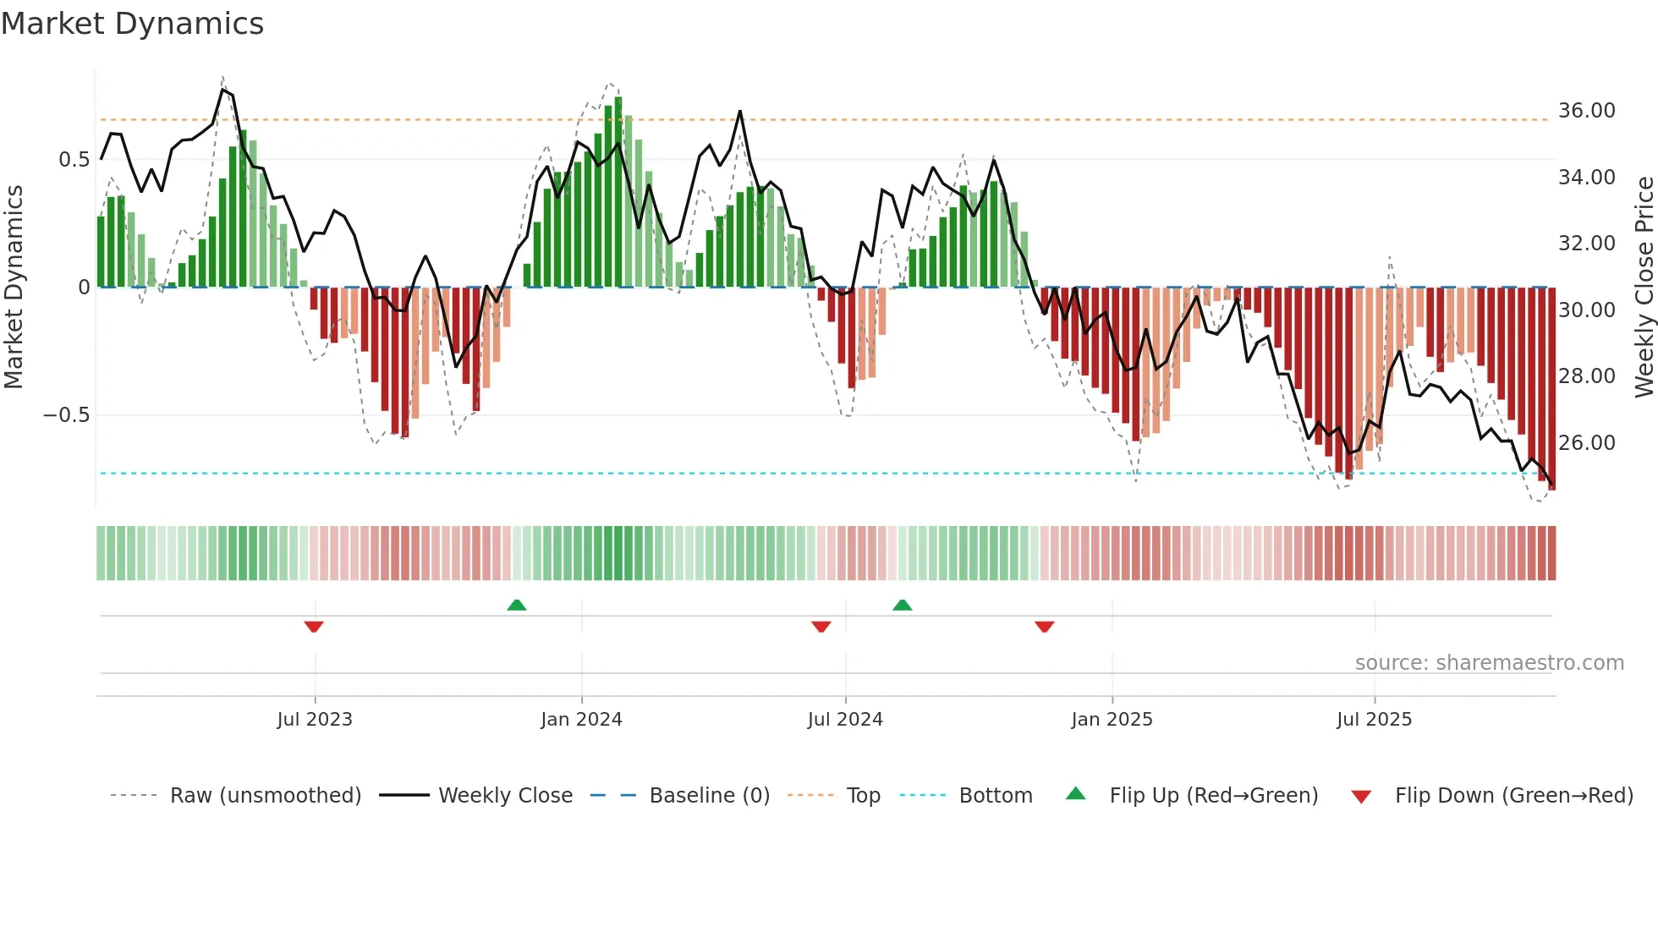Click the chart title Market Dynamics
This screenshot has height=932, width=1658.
[x=132, y=24]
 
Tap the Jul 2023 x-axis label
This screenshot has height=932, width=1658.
[x=315, y=720]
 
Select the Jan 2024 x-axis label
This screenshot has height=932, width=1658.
[x=581, y=720]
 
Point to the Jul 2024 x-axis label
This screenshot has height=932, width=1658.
[x=845, y=720]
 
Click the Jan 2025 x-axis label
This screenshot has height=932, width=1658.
[x=1112, y=720]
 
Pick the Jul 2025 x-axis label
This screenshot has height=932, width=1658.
[x=1375, y=720]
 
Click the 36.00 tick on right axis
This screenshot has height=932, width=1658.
[x=1587, y=111]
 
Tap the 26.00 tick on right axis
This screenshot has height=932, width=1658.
[x=1587, y=443]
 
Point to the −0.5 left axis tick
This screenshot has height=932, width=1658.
[x=66, y=415]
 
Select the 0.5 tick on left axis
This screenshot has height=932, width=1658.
[x=74, y=160]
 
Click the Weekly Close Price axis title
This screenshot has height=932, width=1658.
[x=1644, y=288]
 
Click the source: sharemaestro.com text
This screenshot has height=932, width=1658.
[x=1489, y=663]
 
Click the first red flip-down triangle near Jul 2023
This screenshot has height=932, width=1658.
[x=314, y=627]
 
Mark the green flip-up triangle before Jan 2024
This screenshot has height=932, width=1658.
[x=517, y=605]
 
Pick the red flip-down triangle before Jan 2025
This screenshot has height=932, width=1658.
[x=1044, y=627]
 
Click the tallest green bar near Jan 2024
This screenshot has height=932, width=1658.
[x=618, y=195]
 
